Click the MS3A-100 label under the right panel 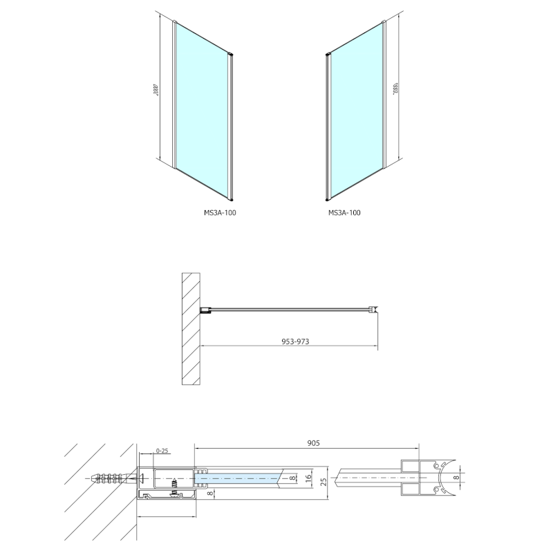(344, 213)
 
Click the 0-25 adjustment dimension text (162, 451)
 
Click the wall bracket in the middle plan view (206, 311)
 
